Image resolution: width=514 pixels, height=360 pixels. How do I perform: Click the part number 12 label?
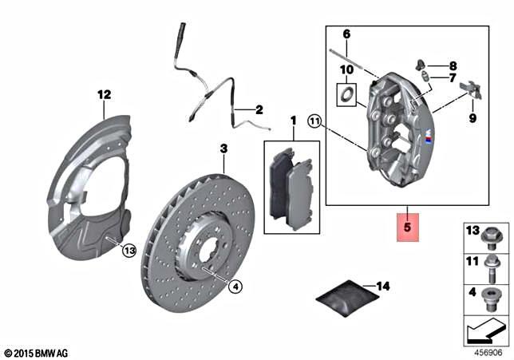(102, 95)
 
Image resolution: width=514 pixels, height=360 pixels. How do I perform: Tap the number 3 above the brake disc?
(224, 149)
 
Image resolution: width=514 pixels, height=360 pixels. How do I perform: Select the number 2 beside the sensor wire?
(259, 110)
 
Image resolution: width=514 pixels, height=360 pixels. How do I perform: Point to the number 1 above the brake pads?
(292, 121)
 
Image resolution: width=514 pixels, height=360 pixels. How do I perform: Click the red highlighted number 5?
(407, 227)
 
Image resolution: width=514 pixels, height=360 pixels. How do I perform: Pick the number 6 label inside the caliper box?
(346, 34)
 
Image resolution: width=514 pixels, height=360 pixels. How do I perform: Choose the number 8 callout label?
(453, 65)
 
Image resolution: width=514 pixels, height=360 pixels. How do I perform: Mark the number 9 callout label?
(471, 117)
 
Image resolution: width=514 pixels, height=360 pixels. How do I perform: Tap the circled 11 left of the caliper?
(314, 122)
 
